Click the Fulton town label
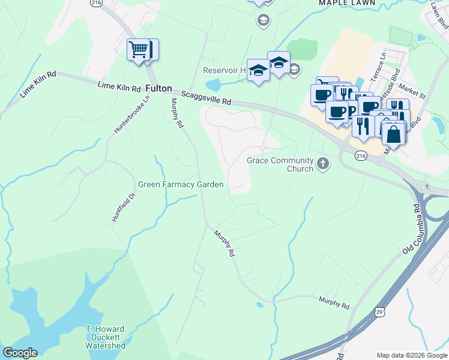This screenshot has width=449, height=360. (x=158, y=88)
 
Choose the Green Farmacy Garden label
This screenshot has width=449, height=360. (x=181, y=185)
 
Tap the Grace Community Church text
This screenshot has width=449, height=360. (x=280, y=164)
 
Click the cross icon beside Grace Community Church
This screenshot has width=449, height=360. (x=323, y=164)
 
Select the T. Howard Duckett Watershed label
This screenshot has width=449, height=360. (x=105, y=337)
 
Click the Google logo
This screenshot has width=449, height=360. (x=20, y=353)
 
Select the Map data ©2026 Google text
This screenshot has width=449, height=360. (x=411, y=355)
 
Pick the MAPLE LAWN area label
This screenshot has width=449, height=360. (x=347, y=3)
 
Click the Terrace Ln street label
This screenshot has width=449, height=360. (x=381, y=63)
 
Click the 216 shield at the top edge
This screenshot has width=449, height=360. (x=95, y=3)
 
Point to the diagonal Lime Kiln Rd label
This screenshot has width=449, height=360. (x=38, y=84)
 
